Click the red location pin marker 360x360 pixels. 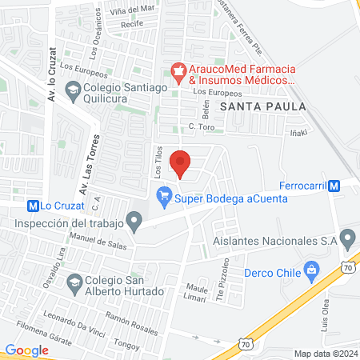182,163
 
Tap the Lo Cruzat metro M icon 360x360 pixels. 33,204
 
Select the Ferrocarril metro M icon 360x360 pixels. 334,186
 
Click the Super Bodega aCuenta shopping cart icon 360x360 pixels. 165,194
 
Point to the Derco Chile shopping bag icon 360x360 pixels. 310,273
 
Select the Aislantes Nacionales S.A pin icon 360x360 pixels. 347,238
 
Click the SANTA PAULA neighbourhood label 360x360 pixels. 263,106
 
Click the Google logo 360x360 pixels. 26,350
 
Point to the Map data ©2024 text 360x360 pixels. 324,354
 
